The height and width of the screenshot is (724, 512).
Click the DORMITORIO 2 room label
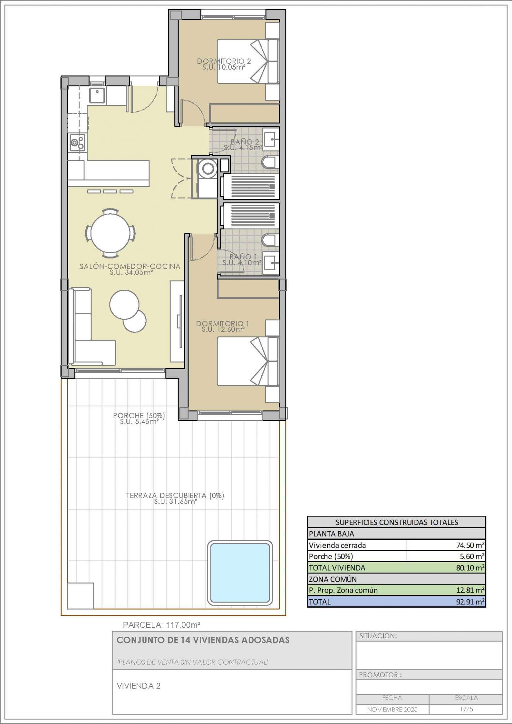tap(224, 61)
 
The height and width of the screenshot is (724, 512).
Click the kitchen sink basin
tap(97, 95)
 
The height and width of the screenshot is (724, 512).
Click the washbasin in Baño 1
tap(271, 264)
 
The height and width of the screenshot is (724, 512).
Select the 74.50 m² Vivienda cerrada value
tap(470, 545)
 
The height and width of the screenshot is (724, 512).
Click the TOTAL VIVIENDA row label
tap(337, 568)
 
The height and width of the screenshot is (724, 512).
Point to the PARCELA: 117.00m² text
tap(162, 625)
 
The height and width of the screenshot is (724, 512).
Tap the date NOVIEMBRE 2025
tap(392, 709)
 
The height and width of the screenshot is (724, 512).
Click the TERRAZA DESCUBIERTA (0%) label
tap(175, 495)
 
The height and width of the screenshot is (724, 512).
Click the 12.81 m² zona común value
tap(470, 590)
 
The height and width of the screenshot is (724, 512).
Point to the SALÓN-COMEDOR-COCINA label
tap(130, 266)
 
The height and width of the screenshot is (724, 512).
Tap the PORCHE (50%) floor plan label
tap(139, 416)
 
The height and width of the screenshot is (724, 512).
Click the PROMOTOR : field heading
tap(380, 675)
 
